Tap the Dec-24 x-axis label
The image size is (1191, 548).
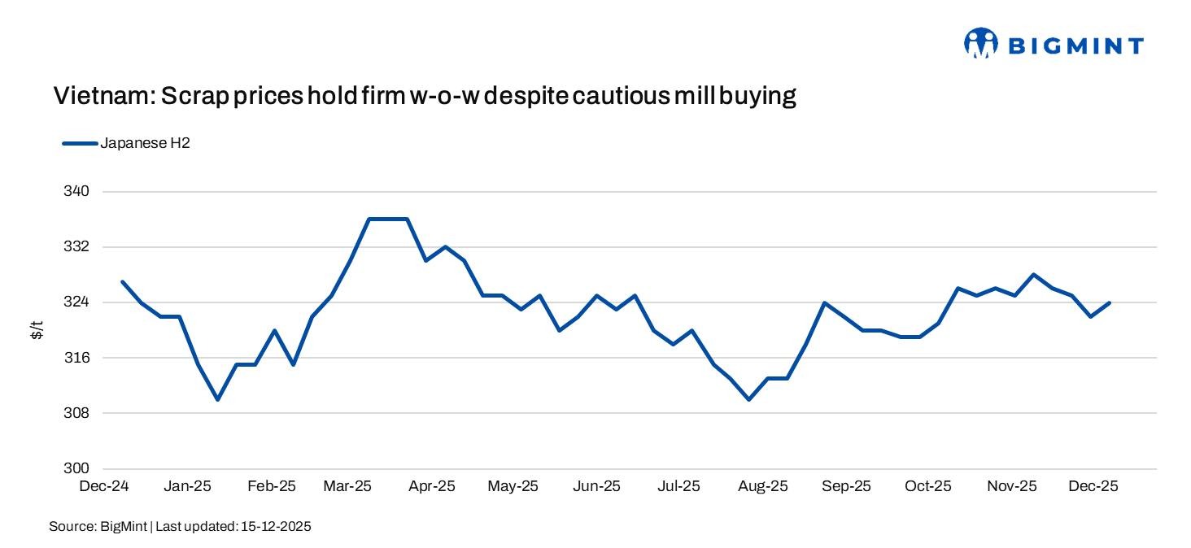pos(103,486)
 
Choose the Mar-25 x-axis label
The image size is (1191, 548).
pos(347,486)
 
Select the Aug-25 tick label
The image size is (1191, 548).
pos(763,486)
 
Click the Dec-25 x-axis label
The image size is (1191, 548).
pos(1093,486)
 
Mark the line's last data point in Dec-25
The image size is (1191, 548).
pos(1110,302)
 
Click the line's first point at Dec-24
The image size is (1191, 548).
pos(122,282)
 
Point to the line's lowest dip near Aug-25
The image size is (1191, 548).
pos(748,399)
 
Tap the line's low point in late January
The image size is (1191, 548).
pos(217,399)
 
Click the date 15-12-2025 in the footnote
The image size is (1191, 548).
pos(276,527)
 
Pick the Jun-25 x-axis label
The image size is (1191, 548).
pos(597,486)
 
